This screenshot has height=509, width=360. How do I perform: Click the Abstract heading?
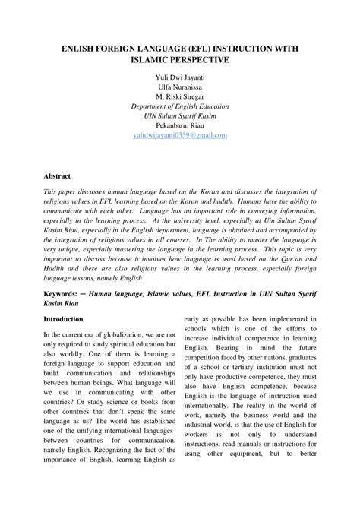click(57, 175)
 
